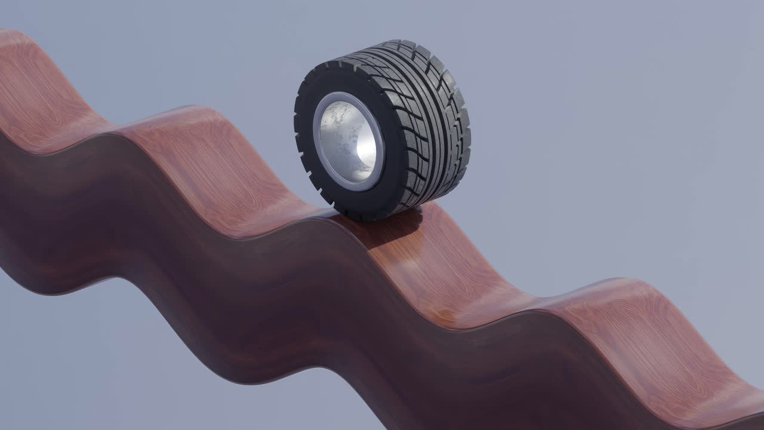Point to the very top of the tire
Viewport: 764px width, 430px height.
pos(394,43)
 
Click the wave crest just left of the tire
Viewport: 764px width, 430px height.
pos(191,119)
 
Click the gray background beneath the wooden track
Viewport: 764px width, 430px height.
pos(119,370)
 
